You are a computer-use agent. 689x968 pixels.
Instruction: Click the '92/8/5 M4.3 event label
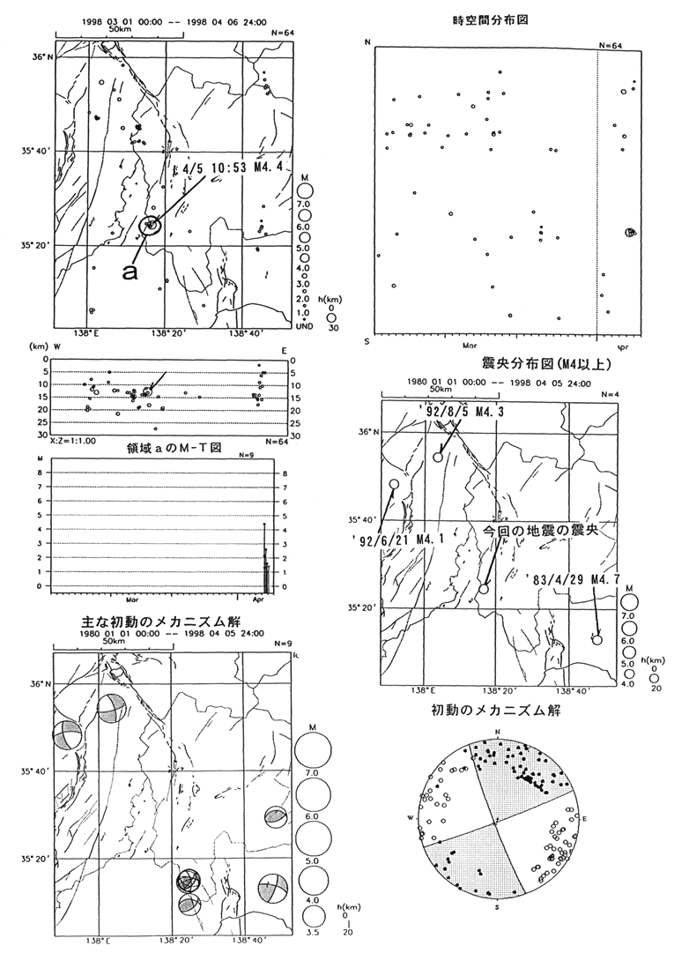coord(466,410)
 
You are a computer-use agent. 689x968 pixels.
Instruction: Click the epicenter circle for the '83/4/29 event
coord(596,640)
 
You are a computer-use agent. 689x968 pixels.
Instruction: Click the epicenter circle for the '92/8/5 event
coord(438,457)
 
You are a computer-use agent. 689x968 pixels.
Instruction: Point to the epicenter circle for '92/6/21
coord(393,484)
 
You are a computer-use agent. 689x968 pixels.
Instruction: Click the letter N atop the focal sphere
coord(497,733)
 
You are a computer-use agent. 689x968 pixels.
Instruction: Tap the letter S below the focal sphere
coord(497,906)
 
